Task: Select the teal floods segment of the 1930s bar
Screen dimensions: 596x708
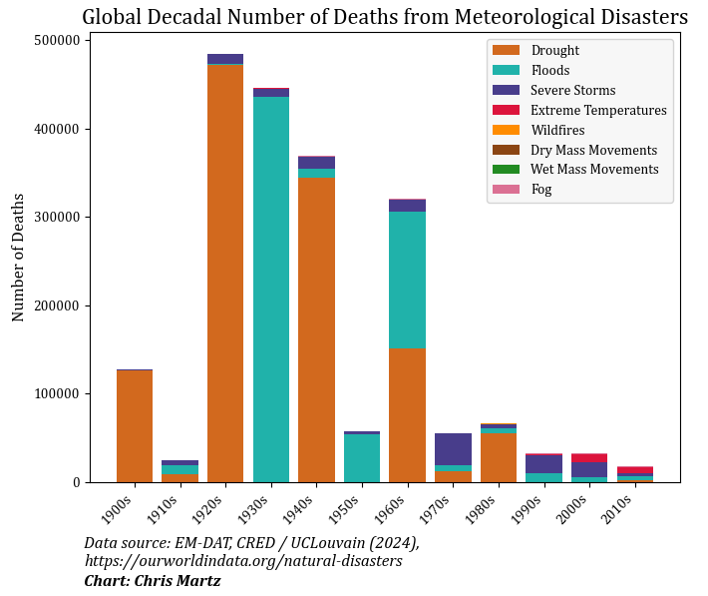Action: point(270,290)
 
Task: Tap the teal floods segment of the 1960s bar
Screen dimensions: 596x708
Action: point(407,281)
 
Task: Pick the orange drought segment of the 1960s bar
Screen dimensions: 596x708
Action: point(407,415)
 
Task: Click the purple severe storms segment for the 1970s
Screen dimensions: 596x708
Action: point(453,448)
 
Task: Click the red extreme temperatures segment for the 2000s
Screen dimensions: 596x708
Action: point(588,458)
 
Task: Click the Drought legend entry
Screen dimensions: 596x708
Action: point(554,51)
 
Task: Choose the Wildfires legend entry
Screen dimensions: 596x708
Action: point(557,130)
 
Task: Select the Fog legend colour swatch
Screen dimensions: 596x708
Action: point(508,190)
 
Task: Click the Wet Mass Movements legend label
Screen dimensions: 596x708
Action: point(594,170)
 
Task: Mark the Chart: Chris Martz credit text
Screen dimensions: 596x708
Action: point(153,580)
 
